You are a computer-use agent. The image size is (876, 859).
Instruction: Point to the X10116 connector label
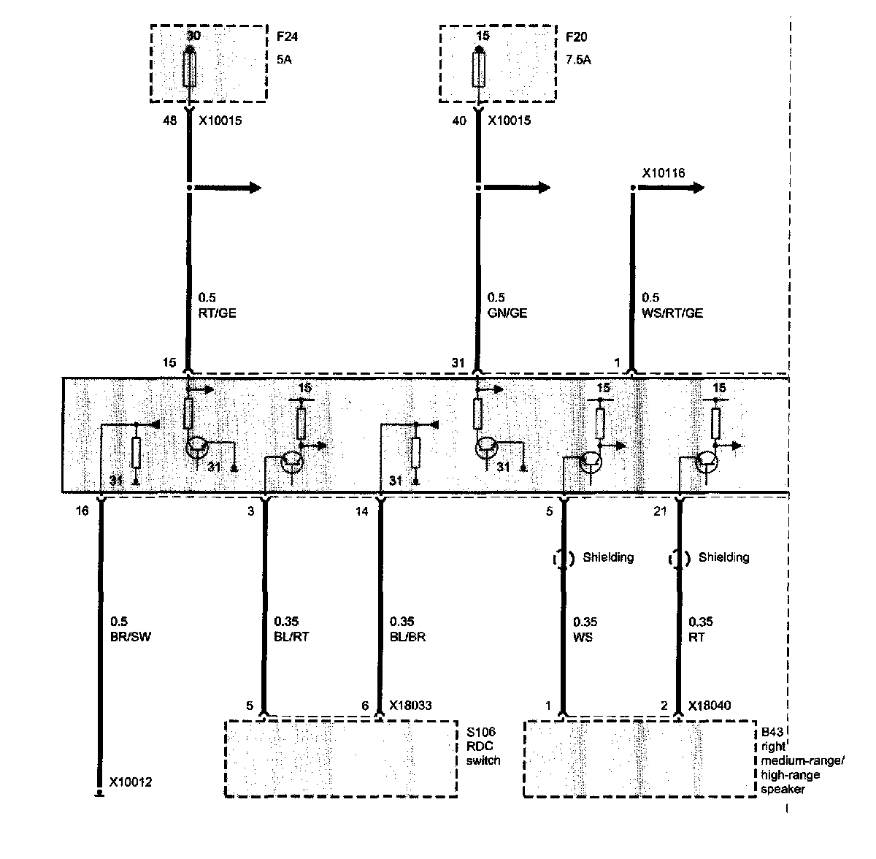pos(663,173)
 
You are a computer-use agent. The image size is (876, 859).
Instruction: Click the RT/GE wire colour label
pos(217,313)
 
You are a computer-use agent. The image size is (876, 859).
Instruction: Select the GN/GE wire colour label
pos(507,313)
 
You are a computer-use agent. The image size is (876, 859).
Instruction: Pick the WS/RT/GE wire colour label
pos(672,313)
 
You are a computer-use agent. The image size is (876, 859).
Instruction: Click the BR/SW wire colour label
pos(130,637)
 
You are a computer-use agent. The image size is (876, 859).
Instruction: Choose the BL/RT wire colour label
pos(291,637)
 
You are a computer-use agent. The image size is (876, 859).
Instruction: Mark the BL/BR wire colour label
pos(407,637)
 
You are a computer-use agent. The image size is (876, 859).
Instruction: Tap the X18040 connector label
pos(710,706)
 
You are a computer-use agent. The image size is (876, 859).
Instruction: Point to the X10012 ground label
pos(131,783)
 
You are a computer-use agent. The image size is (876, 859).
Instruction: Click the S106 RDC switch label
pos(483,746)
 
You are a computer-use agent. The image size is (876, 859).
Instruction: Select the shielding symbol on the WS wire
pos(563,559)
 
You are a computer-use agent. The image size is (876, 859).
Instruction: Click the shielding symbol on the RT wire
pos(679,559)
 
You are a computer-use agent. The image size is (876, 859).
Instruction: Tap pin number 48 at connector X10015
pos(169,121)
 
